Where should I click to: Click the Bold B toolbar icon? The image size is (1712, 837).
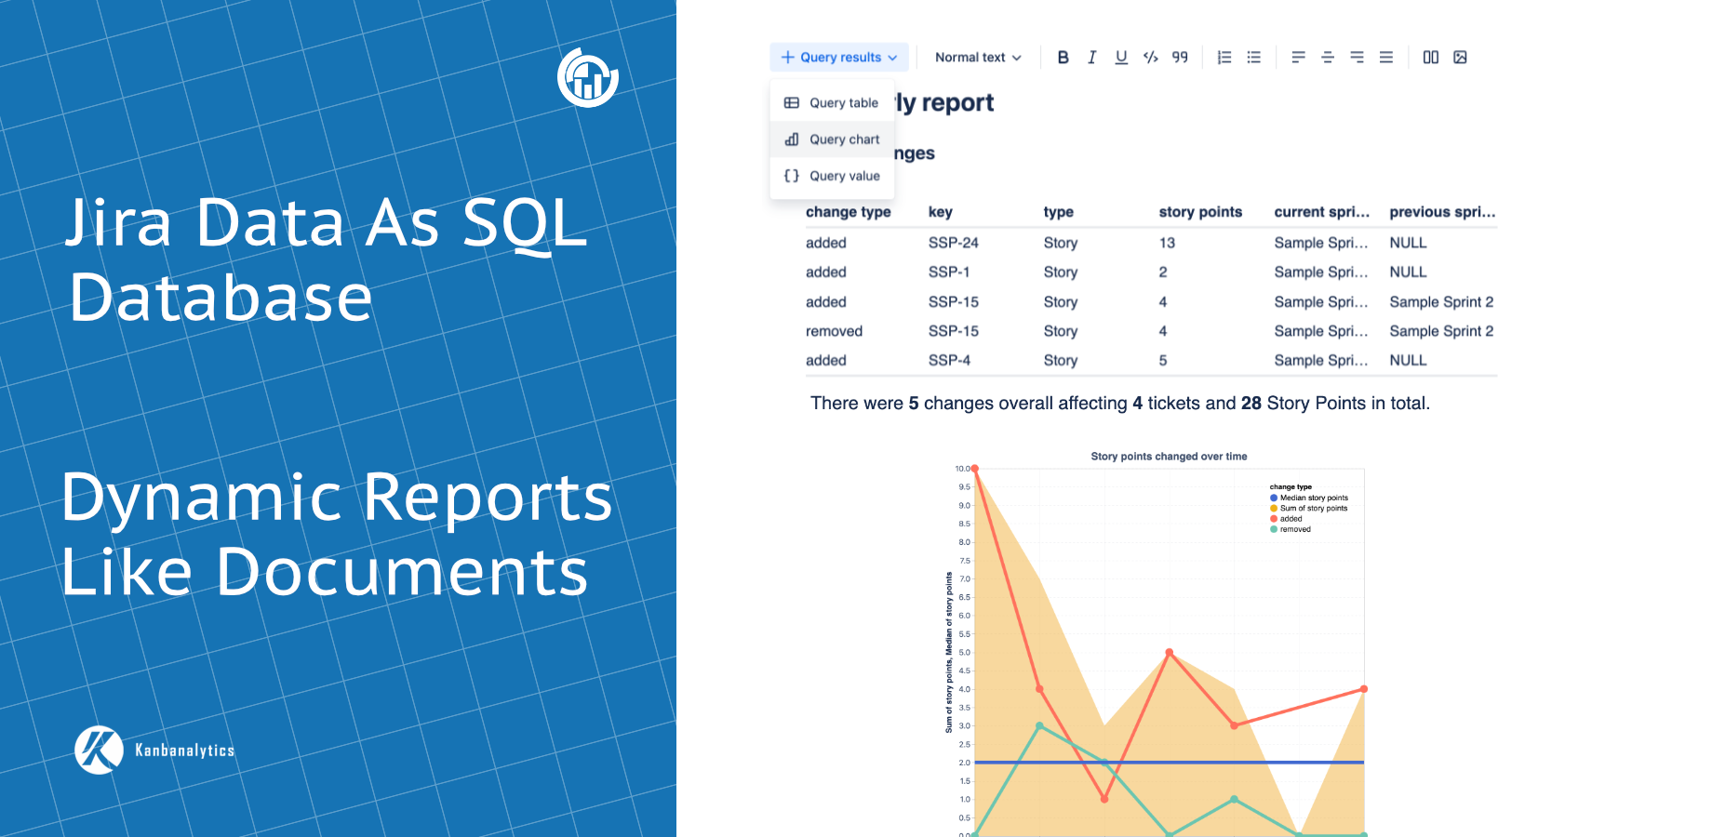click(1063, 58)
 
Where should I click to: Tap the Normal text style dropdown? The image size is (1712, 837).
click(978, 58)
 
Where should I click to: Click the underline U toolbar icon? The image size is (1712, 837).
click(1121, 58)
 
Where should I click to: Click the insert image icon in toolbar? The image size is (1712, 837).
click(1460, 58)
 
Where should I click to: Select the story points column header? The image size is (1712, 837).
click(1200, 212)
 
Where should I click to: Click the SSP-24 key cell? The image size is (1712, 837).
click(953, 243)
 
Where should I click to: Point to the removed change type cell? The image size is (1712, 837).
click(834, 331)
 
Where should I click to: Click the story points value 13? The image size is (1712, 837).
click(1167, 243)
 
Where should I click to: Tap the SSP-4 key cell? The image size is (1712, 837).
click(949, 361)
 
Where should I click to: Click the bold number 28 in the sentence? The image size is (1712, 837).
click(1251, 404)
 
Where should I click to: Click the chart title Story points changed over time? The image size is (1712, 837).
click(1169, 457)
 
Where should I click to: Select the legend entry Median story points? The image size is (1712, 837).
click(1313, 498)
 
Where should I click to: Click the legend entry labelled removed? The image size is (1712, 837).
click(1294, 529)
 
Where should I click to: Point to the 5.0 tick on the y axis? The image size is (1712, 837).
click(964, 652)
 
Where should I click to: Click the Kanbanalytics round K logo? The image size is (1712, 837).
click(99, 750)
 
